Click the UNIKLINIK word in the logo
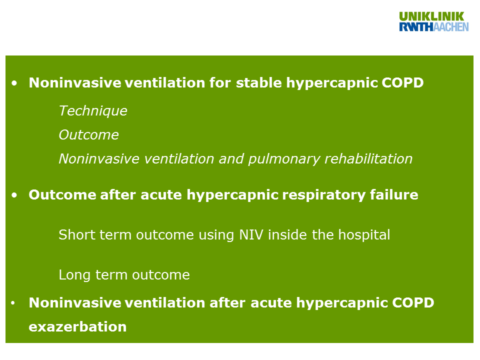431,16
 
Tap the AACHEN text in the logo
451,27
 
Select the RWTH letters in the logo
416,27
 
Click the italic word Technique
93,111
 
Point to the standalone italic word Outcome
89,135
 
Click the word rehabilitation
368,159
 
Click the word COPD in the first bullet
402,82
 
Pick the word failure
394,194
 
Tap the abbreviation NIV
251,235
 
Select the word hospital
364,235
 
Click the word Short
76,235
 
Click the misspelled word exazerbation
78,327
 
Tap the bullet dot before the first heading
14,83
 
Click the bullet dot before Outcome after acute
14,195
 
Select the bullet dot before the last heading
13,303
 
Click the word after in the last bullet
227,303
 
